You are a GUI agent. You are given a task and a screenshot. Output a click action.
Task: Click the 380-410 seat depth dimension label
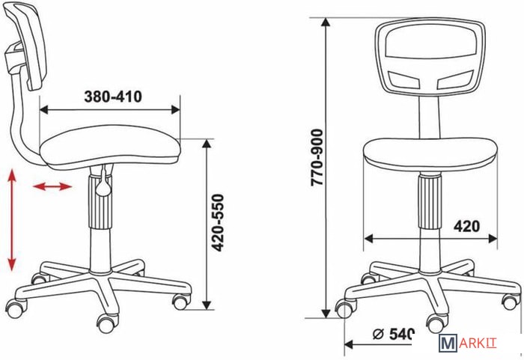coord(113,97)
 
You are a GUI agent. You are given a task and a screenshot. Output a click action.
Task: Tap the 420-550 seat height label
coord(219,222)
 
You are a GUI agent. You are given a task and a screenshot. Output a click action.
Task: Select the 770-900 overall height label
coord(317,157)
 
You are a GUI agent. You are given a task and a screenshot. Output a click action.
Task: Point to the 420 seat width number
coord(466,226)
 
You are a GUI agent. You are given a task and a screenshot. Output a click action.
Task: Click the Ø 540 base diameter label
coord(394,334)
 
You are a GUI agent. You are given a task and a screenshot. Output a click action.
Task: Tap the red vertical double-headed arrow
coord(12,219)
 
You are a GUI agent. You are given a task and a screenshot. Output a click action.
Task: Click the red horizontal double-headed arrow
coord(52,186)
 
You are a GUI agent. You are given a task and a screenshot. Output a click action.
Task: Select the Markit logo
coord(468,343)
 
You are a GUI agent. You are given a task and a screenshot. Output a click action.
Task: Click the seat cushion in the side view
coord(110,147)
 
